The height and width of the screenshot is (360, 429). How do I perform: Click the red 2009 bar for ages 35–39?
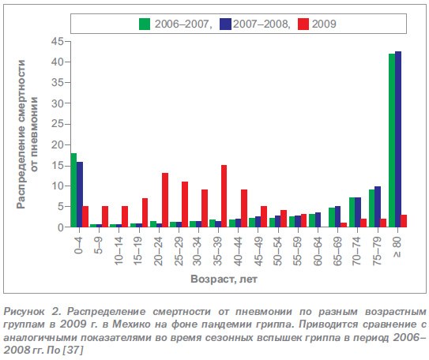[x=224, y=196]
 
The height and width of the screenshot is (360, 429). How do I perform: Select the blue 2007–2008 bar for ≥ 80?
[x=398, y=139]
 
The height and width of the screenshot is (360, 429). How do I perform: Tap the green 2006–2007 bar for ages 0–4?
[x=73, y=190]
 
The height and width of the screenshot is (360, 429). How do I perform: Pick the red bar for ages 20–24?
[x=165, y=200]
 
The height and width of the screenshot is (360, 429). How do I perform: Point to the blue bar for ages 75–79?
[x=378, y=207]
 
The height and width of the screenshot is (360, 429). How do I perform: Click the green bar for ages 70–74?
[x=352, y=212]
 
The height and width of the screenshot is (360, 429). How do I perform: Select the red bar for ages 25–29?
[x=185, y=204]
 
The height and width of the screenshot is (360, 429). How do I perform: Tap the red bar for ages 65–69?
[x=344, y=225]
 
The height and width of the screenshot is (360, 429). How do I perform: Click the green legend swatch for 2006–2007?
[x=145, y=24]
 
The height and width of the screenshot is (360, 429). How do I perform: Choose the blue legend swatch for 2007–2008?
[x=225, y=24]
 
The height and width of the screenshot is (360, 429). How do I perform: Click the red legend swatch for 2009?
[x=303, y=24]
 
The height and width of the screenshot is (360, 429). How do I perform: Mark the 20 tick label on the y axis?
[x=57, y=145]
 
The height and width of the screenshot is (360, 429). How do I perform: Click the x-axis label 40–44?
[x=239, y=252]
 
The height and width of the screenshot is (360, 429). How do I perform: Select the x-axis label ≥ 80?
[x=397, y=247]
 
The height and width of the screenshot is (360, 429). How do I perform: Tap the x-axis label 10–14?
[x=119, y=251]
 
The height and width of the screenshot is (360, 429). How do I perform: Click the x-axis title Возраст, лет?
[x=224, y=279]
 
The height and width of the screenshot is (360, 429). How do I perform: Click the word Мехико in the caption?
[x=131, y=324]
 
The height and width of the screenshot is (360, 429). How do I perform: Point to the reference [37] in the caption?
[x=73, y=351]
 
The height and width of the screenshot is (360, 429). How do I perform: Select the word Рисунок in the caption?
[x=24, y=312]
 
